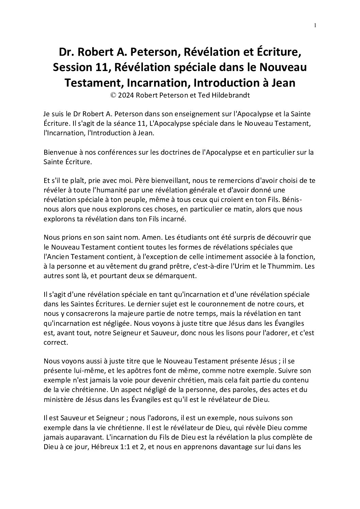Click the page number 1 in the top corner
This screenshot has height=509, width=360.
pyautogui.click(x=315, y=25)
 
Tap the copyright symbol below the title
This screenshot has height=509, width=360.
pyautogui.click(x=113, y=95)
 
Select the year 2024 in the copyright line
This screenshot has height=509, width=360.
pyautogui.click(x=126, y=95)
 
